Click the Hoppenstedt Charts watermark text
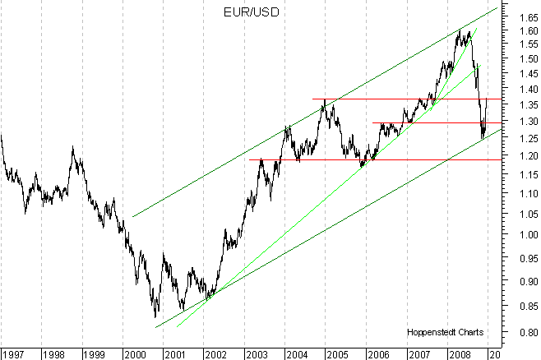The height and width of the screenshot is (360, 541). coord(444,333)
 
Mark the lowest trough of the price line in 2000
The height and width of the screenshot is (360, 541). coord(155,316)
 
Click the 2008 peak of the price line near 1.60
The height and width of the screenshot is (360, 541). coord(460,30)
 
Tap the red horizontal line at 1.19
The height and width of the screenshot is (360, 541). coord(370,159)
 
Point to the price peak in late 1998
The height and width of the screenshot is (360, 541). coord(72,147)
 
